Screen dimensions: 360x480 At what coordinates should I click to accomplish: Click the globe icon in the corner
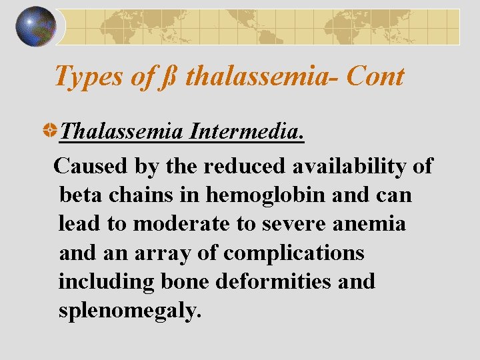point(36,27)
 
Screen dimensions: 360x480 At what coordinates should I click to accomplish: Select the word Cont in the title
point(376,77)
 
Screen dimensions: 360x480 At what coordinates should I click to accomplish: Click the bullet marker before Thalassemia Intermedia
point(49,131)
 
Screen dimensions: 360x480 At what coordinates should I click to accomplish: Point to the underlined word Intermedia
point(247,131)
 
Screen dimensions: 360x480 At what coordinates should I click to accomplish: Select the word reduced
point(241,165)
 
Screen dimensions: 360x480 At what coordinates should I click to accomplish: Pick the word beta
point(81,195)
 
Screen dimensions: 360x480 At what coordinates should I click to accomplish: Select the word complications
point(293,253)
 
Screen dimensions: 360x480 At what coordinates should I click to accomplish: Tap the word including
point(106,282)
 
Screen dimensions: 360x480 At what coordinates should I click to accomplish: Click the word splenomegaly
point(129,311)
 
